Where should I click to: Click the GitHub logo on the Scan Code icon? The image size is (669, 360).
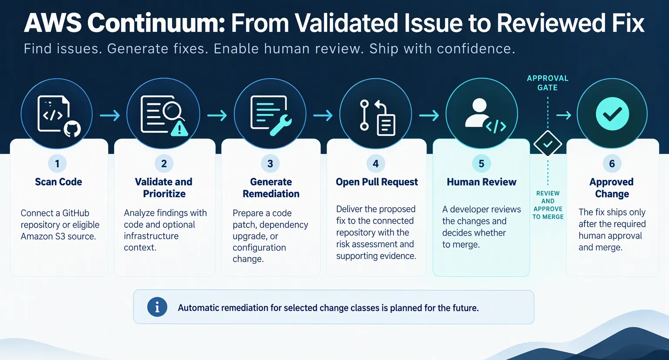pos(72,129)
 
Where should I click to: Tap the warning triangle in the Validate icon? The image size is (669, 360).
pos(179,128)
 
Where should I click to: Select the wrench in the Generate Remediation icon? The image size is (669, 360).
pos(281,125)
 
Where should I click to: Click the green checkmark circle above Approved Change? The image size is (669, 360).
pos(612,114)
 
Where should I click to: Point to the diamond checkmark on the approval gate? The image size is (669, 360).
pos(548,144)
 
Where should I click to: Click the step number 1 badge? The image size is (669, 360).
pos(57,164)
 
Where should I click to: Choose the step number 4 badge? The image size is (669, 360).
pos(376,164)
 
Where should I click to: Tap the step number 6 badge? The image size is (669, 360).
pos(612,164)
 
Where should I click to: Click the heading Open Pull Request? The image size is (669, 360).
pos(377,182)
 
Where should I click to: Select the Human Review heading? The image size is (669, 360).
pos(481,182)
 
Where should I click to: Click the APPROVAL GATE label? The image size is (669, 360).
pos(547,83)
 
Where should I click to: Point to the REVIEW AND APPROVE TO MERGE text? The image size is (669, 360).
pos(548,205)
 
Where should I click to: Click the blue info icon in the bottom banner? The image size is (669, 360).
pos(157,307)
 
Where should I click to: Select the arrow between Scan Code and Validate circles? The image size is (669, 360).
pos(110,115)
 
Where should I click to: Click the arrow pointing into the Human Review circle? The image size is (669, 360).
pos(429,115)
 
